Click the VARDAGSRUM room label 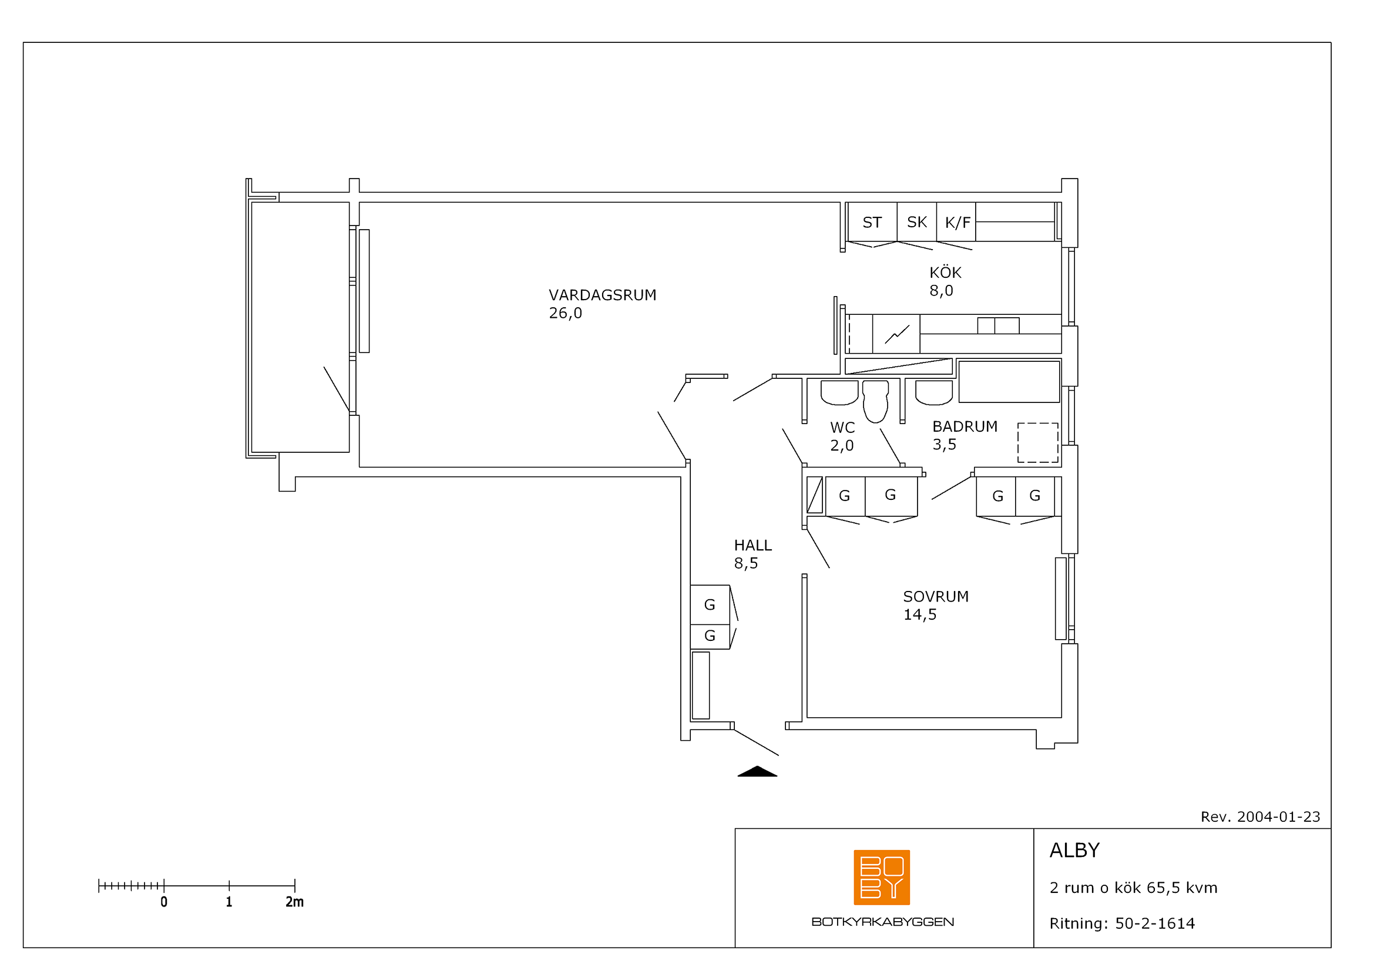tap(602, 295)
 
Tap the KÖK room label tap(945, 272)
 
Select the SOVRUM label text tap(935, 596)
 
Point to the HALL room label tap(753, 545)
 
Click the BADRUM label tap(965, 426)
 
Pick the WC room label tap(842, 428)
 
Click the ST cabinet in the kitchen tap(872, 222)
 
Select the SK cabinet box tap(917, 222)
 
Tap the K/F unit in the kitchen tap(956, 222)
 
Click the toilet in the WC tap(875, 401)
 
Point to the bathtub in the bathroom tap(1009, 382)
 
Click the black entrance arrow tap(757, 771)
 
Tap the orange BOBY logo tap(882, 877)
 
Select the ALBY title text tap(1075, 850)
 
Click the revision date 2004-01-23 tap(1278, 817)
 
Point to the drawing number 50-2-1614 tap(1155, 924)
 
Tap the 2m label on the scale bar tap(294, 902)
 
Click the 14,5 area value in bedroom tap(920, 614)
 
